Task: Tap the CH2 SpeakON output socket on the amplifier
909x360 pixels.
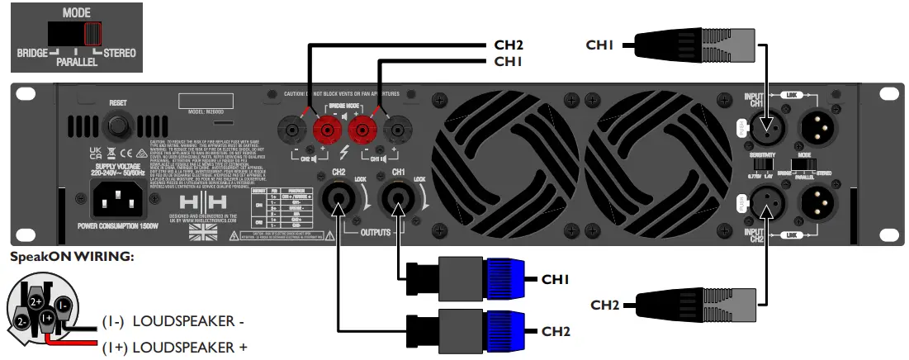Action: (x=339, y=198)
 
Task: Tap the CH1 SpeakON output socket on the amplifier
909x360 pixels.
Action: (x=398, y=198)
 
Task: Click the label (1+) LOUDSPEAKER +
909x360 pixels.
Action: (x=174, y=348)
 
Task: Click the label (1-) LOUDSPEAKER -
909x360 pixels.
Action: (x=173, y=321)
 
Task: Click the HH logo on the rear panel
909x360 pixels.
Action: (x=202, y=203)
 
